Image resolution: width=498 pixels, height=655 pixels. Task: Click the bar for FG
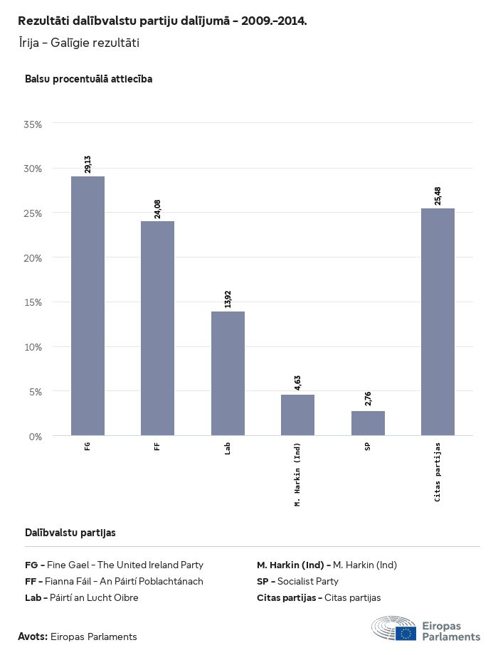click(x=88, y=306)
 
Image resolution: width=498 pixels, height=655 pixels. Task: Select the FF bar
click(x=157, y=328)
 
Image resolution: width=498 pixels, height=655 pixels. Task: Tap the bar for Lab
click(x=228, y=373)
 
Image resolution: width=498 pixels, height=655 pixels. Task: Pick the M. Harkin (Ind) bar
click(x=297, y=415)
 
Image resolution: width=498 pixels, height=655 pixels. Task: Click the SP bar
click(x=368, y=423)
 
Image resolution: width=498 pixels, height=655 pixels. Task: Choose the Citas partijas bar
click(x=438, y=321)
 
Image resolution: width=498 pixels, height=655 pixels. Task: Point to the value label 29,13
click(x=88, y=164)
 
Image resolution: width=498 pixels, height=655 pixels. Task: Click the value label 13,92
click(x=228, y=299)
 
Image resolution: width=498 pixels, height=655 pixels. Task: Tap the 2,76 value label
click(x=368, y=399)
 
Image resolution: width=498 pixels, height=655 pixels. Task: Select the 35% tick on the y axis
click(x=33, y=124)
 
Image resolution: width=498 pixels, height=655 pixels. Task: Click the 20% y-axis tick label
click(x=33, y=258)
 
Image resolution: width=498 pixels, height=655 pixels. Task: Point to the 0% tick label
click(x=36, y=436)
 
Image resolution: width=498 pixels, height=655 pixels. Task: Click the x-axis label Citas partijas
click(x=438, y=472)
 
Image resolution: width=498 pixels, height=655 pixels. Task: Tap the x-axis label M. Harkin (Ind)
click(x=297, y=474)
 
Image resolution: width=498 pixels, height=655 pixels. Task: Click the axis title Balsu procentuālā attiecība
click(x=88, y=79)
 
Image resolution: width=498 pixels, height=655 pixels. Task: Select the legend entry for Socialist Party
click(x=297, y=581)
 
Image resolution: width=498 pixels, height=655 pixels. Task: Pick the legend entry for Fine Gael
click(x=114, y=565)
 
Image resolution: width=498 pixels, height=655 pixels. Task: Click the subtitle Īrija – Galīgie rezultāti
click(x=79, y=43)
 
